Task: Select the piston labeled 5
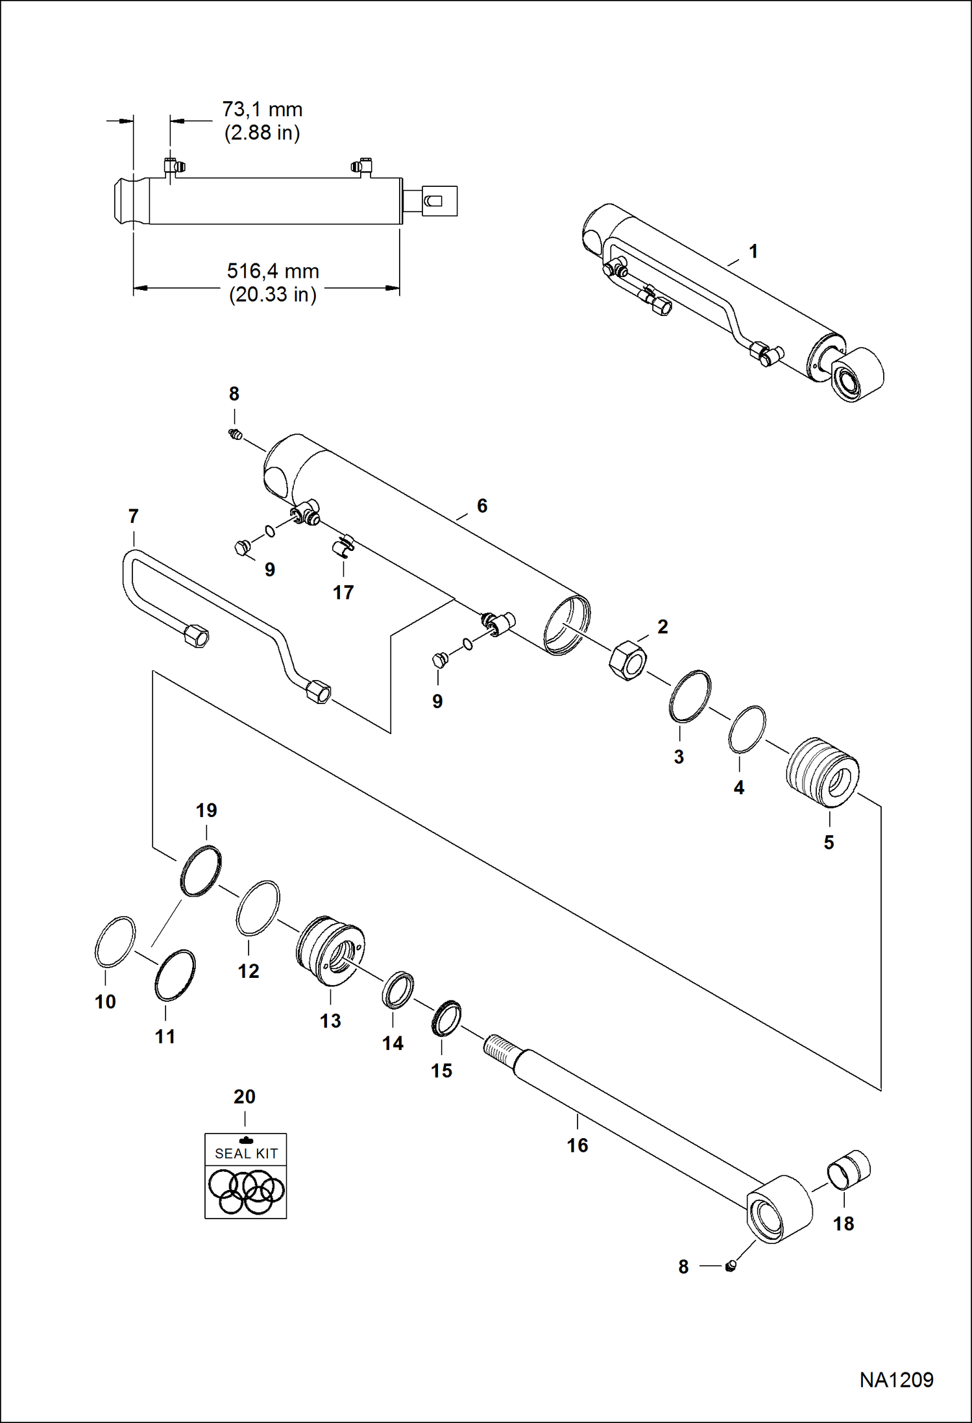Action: (x=823, y=772)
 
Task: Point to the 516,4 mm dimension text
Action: (x=273, y=271)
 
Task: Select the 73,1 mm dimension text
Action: (x=262, y=110)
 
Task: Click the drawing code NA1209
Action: (x=896, y=1380)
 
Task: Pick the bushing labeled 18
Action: (x=849, y=1171)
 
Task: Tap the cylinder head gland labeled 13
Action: (x=330, y=950)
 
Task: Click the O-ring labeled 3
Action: (x=690, y=696)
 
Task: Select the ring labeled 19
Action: (x=200, y=871)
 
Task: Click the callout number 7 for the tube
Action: (x=133, y=517)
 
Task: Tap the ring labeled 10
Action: (x=115, y=942)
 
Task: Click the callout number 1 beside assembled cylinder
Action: (x=753, y=251)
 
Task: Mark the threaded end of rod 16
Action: (x=499, y=1046)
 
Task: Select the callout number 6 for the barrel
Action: (x=481, y=505)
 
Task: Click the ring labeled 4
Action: (x=746, y=729)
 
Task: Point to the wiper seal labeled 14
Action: (x=398, y=990)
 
